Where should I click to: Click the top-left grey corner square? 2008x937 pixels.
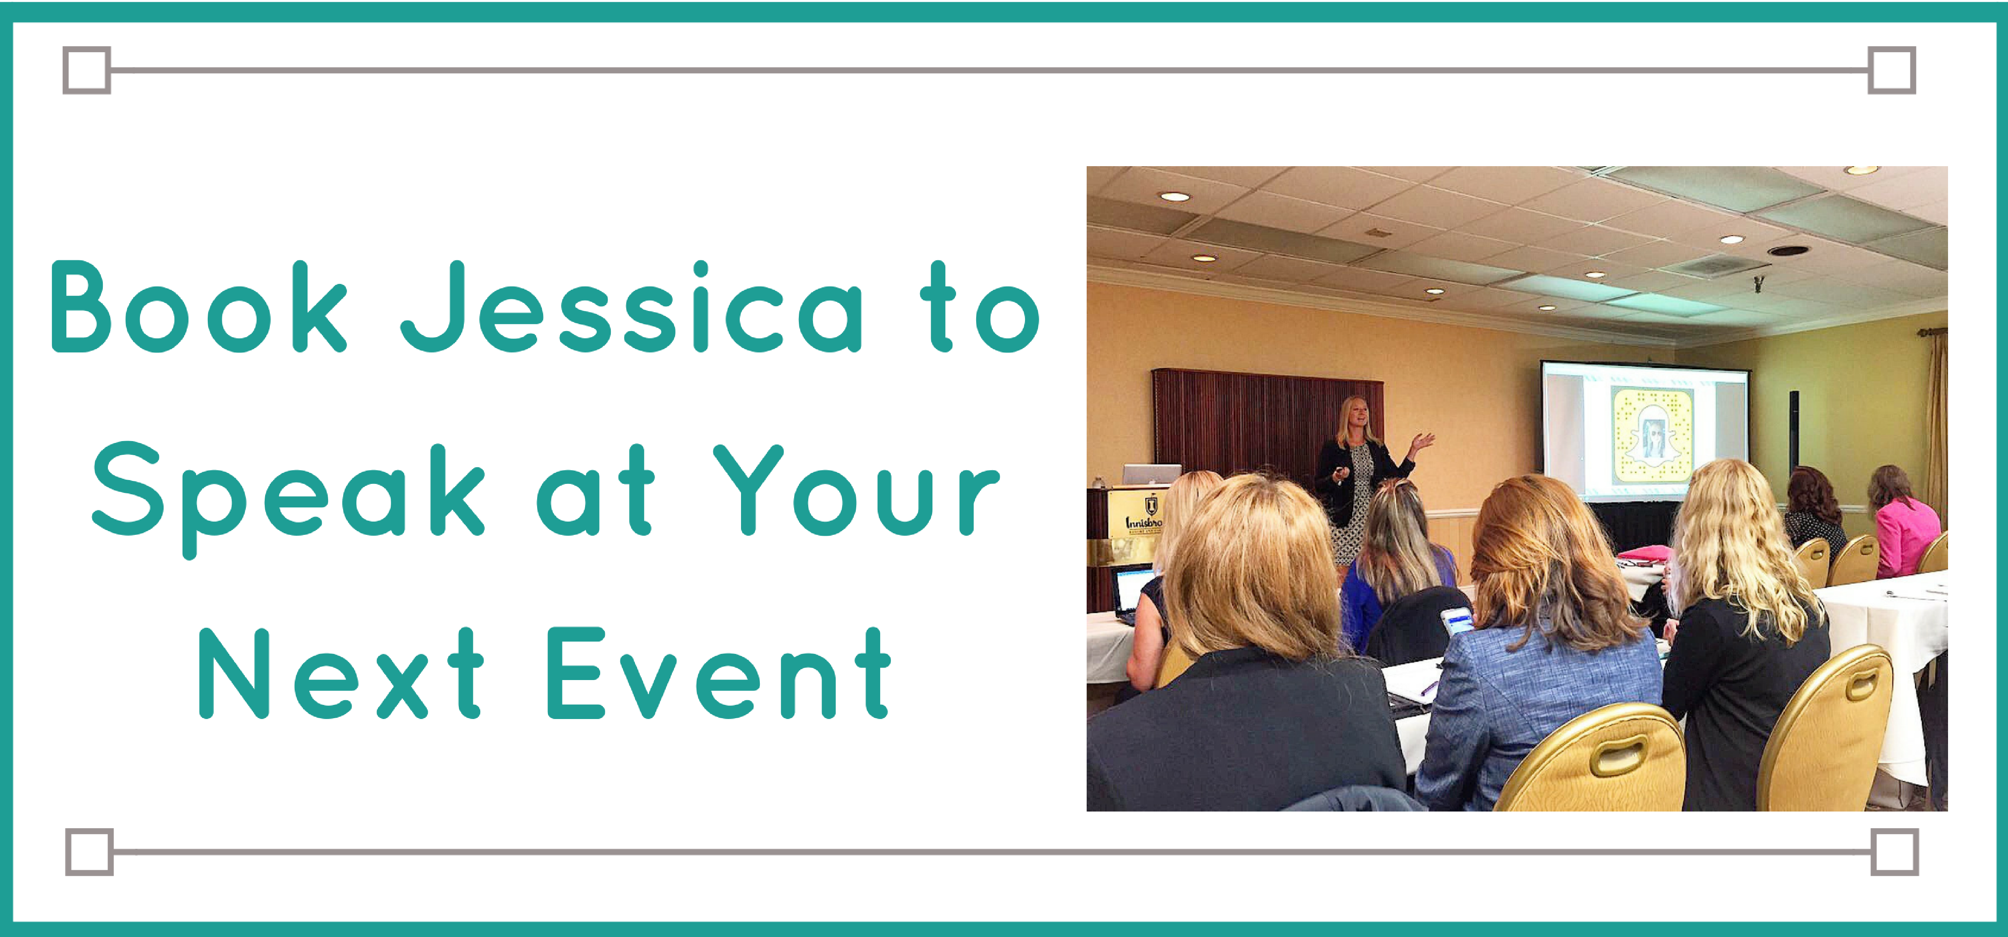(87, 70)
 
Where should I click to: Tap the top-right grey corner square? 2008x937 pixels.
(1892, 70)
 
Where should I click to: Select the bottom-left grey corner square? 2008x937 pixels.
(89, 852)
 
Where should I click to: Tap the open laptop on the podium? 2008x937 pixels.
(1151, 474)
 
